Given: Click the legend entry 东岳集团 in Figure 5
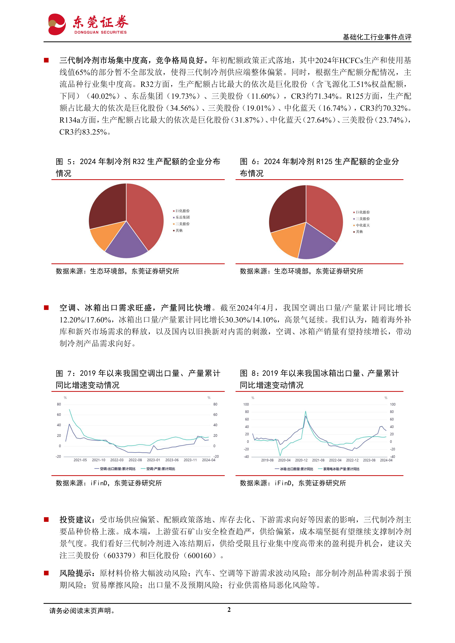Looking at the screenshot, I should (x=182, y=217).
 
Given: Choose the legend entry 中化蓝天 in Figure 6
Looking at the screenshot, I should (x=363, y=225).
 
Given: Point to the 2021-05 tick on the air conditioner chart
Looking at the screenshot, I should (x=80, y=460).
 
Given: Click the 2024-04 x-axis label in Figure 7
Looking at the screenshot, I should (x=209, y=460).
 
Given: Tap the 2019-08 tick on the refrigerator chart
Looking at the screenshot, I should (x=267, y=460).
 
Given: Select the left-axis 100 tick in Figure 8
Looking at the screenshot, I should (x=246, y=404).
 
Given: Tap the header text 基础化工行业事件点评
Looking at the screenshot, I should (x=377, y=37).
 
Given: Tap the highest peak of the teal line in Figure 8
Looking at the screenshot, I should (x=305, y=411).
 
